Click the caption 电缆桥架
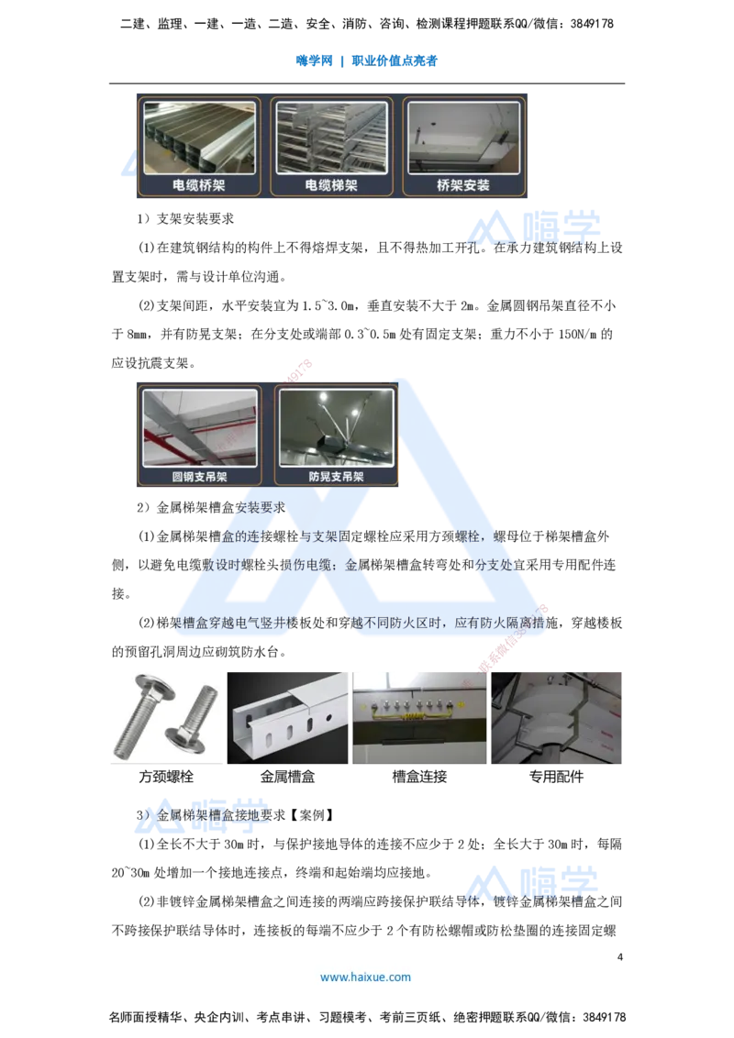pyautogui.click(x=199, y=184)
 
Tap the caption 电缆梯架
pyautogui.click(x=331, y=184)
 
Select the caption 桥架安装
pyautogui.click(x=463, y=184)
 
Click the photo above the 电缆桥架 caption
pyautogui.click(x=199, y=138)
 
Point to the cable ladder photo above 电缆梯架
pyautogui.click(x=331, y=138)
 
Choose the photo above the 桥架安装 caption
pyautogui.click(x=463, y=138)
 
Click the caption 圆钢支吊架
pyautogui.click(x=199, y=477)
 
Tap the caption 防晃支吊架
pyautogui.click(x=336, y=477)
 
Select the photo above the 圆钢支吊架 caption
pyautogui.click(x=199, y=428)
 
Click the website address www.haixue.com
pyautogui.click(x=365, y=977)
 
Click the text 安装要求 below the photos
pyautogui.click(x=261, y=507)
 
